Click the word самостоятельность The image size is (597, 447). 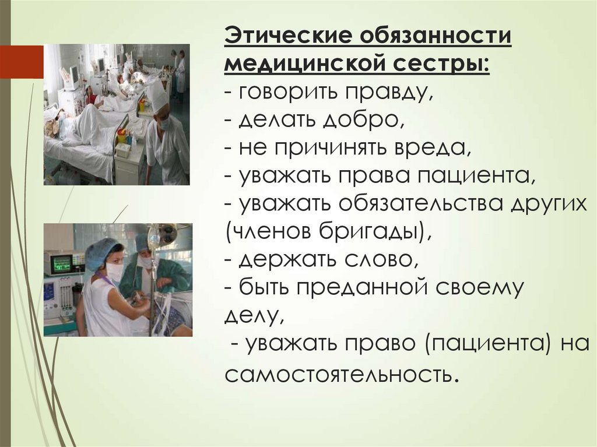pyautogui.click(x=338, y=374)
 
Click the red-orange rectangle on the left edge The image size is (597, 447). pyautogui.click(x=22, y=62)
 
